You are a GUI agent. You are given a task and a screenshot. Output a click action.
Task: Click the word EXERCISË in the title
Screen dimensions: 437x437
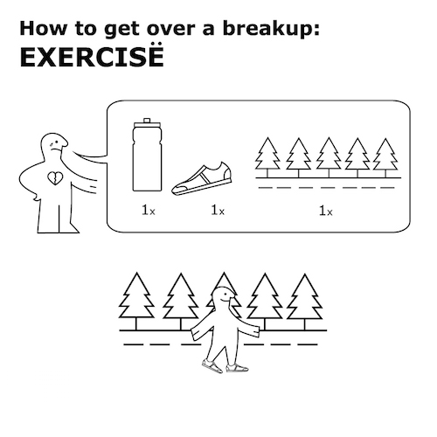pyautogui.click(x=92, y=57)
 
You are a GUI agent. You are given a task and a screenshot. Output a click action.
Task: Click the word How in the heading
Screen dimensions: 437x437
pyautogui.click(x=44, y=29)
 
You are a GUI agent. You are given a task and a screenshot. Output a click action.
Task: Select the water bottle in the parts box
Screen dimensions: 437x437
pyautogui.click(x=147, y=155)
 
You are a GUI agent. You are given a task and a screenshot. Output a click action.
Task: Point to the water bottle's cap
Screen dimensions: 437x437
pyautogui.click(x=147, y=121)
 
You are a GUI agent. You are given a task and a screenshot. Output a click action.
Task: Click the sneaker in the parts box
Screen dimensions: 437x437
pyautogui.click(x=202, y=179)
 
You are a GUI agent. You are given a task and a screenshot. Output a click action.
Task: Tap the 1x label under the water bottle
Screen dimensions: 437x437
pyautogui.click(x=149, y=211)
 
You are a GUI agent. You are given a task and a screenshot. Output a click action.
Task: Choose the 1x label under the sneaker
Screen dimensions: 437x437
pyautogui.click(x=218, y=211)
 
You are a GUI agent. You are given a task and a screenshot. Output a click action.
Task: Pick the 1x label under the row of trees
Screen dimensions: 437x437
pyautogui.click(x=325, y=211)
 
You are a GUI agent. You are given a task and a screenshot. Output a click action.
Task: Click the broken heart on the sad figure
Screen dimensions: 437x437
pyautogui.click(x=55, y=178)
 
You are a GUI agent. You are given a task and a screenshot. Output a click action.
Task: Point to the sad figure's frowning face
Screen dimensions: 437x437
pyautogui.click(x=56, y=145)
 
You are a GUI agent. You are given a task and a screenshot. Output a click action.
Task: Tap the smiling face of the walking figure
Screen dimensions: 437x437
pyautogui.click(x=225, y=298)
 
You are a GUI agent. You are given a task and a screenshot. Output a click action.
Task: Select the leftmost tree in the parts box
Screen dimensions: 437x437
pyautogui.click(x=267, y=157)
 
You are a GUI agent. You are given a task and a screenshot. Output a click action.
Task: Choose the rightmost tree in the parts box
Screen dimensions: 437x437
pyautogui.click(x=385, y=157)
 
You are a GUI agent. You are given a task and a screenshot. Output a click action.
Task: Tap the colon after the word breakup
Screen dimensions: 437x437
pyautogui.click(x=316, y=30)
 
